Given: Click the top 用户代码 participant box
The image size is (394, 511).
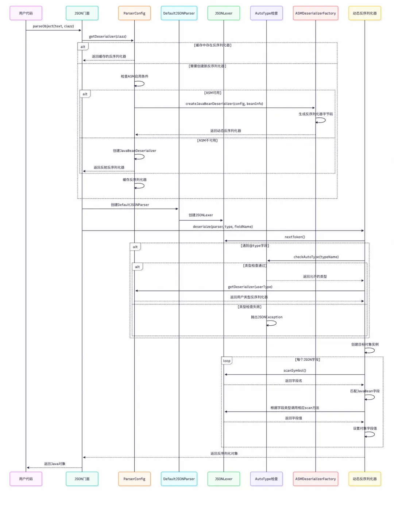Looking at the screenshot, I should click(26, 13).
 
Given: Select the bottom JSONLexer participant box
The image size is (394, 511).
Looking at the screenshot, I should click(224, 479).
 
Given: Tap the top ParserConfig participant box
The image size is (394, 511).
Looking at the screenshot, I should click(134, 13).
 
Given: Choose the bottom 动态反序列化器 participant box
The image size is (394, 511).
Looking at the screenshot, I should click(364, 479).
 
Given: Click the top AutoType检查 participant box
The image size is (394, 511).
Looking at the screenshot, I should click(266, 13).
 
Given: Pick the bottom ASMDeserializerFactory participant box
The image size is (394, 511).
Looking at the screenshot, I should click(316, 479).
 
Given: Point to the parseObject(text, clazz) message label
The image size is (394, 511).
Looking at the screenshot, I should click(53, 26).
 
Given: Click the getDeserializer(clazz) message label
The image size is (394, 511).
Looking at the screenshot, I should click(108, 36).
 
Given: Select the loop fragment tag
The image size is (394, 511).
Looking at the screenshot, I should click(227, 361).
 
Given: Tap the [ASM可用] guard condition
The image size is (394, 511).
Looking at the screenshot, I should click(213, 93).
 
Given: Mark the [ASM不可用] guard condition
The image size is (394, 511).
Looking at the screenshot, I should click(207, 140).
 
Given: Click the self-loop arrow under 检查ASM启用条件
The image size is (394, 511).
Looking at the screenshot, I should click(140, 84).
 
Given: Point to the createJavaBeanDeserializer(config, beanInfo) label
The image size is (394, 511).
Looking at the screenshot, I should click(224, 104).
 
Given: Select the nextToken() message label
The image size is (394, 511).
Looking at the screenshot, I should click(295, 237).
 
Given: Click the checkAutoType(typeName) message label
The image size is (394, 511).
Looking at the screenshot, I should click(316, 257).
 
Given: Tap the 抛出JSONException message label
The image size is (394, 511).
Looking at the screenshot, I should click(266, 317).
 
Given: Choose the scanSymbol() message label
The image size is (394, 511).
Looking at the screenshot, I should click(295, 371).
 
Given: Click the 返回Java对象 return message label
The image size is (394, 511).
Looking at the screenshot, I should click(55, 464).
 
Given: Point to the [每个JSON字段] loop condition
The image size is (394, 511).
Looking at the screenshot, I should click(308, 360).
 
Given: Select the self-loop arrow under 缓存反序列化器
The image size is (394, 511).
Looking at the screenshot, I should click(140, 186).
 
